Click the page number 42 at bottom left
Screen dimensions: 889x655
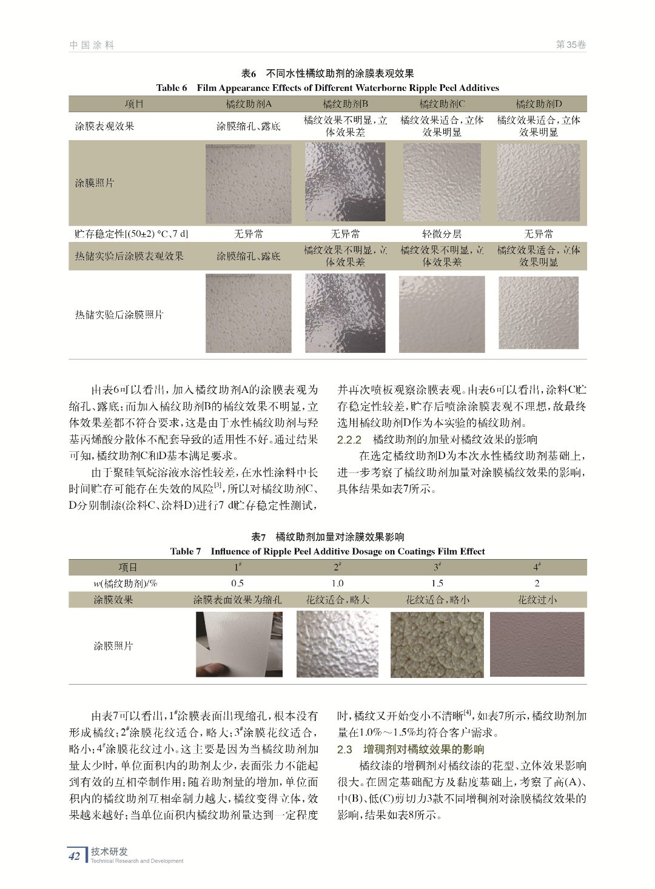[75, 856]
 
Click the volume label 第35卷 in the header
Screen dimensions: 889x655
[571, 45]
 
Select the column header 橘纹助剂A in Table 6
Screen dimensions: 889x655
[249, 104]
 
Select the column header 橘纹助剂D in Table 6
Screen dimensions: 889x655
[539, 104]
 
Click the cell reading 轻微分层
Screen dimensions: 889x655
[442, 233]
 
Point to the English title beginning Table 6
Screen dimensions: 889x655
[327, 88]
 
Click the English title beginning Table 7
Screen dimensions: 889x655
[327, 551]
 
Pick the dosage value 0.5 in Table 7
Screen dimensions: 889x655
[237, 583]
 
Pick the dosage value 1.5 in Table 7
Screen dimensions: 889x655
[437, 583]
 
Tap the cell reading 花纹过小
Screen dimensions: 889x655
[537, 600]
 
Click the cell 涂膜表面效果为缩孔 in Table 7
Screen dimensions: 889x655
[237, 600]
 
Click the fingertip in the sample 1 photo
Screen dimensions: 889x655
[205, 670]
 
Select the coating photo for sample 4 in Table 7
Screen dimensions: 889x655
[537, 644]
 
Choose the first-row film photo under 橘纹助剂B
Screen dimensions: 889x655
[345, 183]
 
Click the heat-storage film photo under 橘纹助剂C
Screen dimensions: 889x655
[442, 314]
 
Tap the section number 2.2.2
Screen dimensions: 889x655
[349, 440]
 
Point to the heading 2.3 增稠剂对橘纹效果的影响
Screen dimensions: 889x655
[411, 750]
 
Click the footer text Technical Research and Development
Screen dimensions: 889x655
[137, 861]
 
